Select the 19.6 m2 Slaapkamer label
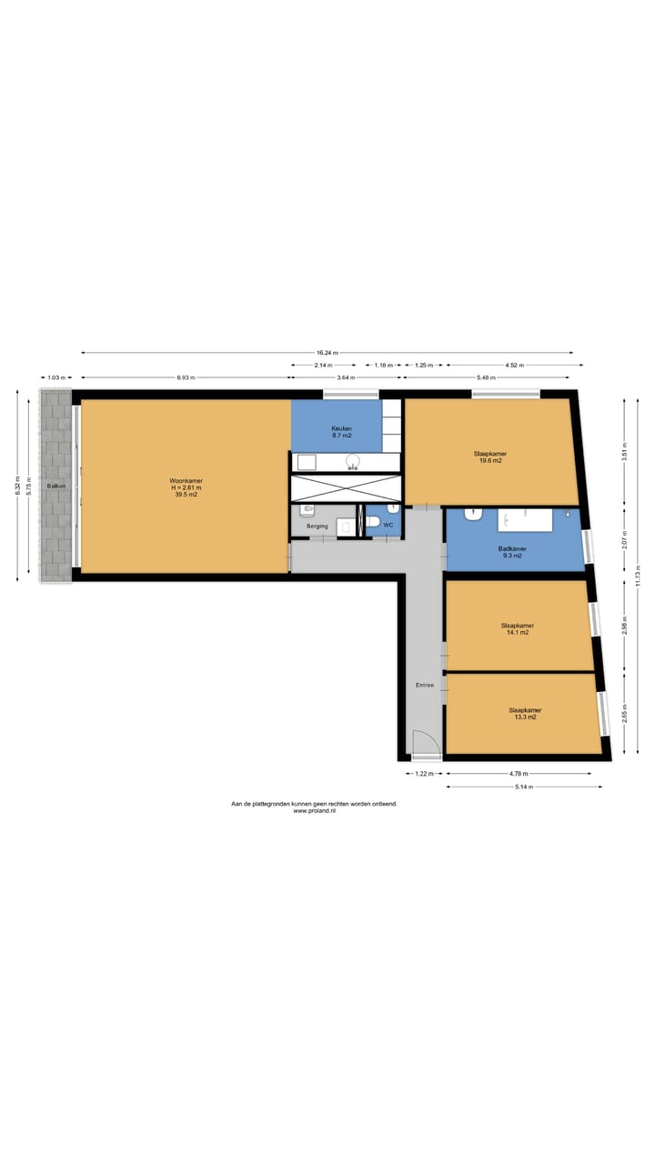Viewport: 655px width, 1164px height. [489, 457]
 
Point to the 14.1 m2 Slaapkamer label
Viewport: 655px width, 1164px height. [517, 628]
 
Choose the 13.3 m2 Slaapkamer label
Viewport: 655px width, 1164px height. [522, 713]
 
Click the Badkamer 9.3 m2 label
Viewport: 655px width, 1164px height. [512, 552]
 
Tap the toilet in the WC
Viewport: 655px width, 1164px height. [373, 523]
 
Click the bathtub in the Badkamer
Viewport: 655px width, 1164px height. [525, 520]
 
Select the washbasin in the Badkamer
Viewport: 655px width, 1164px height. [473, 515]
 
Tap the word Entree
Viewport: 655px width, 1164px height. [425, 685]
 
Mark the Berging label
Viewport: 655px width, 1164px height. [317, 527]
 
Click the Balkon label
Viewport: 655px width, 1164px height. [55, 487]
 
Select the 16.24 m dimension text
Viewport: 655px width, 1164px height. [327, 353]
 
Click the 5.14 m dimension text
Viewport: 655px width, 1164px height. [523, 787]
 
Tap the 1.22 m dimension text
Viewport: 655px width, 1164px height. [424, 774]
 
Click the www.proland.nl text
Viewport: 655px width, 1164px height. [314, 811]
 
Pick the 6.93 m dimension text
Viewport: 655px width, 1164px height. [186, 377]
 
